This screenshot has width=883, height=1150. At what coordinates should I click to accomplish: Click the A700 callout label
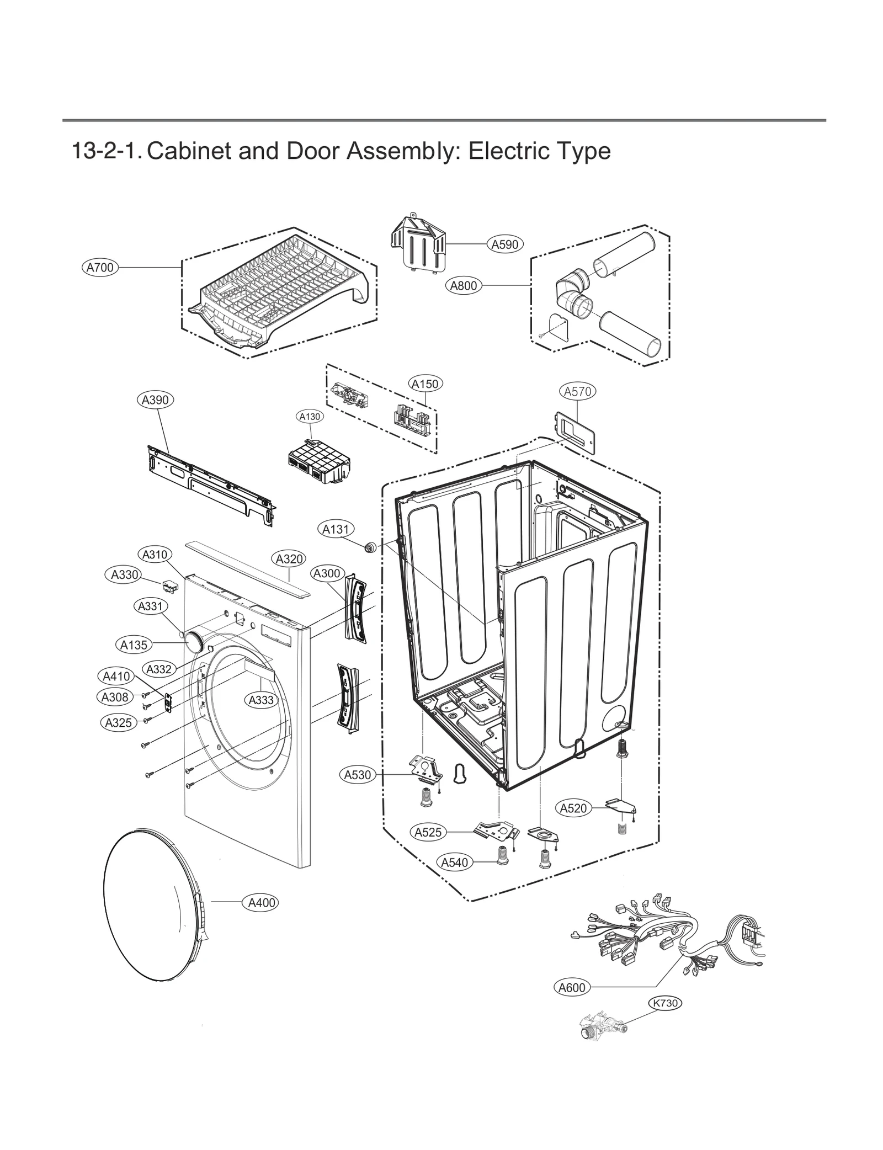pyautogui.click(x=100, y=268)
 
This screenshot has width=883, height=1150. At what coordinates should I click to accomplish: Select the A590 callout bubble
pyautogui.click(x=505, y=244)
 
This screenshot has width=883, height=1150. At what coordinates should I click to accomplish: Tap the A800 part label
pyautogui.click(x=464, y=286)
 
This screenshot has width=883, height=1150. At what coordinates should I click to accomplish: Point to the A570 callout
pyautogui.click(x=577, y=391)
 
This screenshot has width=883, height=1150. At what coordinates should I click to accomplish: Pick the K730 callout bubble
pyautogui.click(x=665, y=1003)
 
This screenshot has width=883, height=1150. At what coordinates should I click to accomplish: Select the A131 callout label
pyautogui.click(x=336, y=529)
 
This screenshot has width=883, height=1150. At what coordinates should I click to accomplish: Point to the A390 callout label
pyautogui.click(x=155, y=400)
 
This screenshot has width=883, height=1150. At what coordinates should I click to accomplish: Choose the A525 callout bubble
pyautogui.click(x=428, y=832)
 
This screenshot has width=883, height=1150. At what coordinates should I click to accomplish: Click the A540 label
pyautogui.click(x=455, y=862)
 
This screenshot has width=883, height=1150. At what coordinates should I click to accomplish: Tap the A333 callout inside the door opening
pyautogui.click(x=261, y=700)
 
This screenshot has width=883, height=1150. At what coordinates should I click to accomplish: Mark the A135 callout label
pyautogui.click(x=134, y=645)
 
